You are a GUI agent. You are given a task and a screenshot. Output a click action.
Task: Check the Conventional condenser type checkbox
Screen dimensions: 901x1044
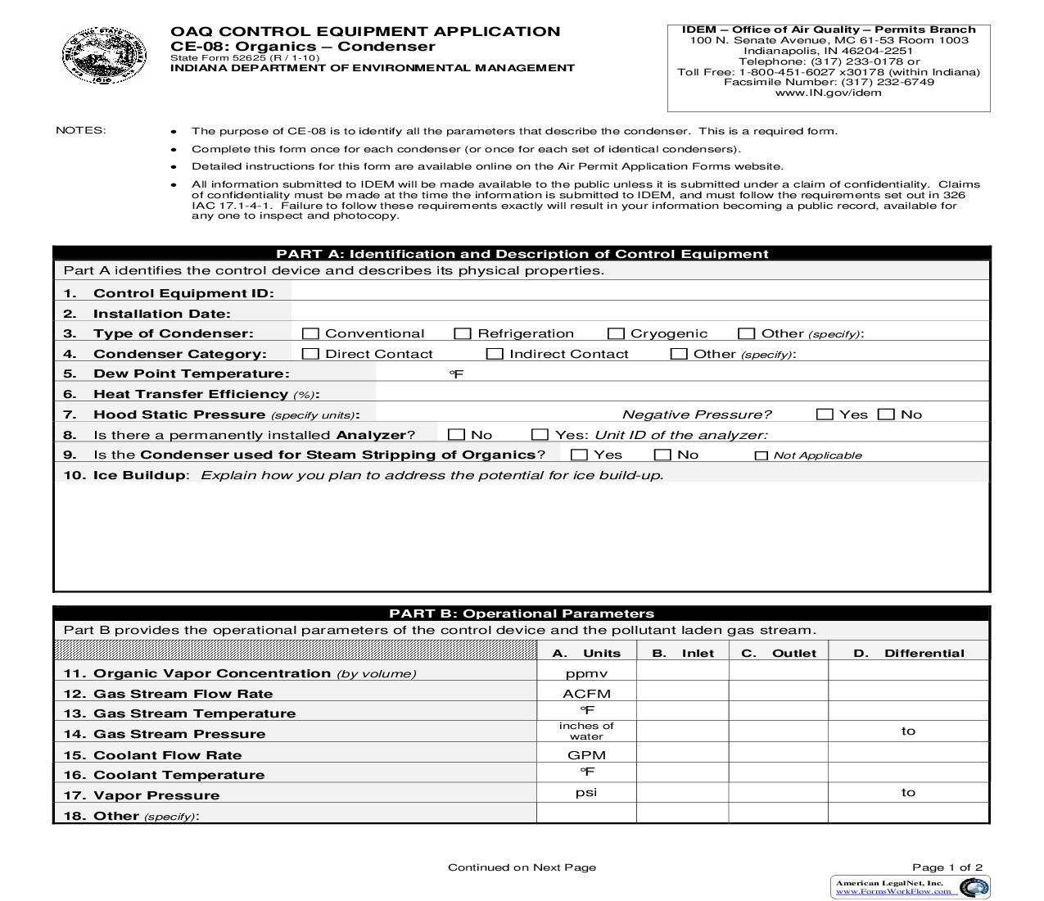(x=310, y=333)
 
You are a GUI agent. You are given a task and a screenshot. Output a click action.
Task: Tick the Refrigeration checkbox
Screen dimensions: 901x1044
(x=463, y=333)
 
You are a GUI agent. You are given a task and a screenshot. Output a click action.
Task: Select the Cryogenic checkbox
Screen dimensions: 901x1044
(x=616, y=333)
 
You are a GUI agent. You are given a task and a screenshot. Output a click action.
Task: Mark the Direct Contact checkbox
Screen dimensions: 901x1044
(x=310, y=354)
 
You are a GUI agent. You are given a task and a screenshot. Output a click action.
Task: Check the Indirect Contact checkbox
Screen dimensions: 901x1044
(x=495, y=354)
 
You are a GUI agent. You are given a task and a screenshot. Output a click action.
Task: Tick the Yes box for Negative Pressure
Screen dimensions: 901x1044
(x=825, y=414)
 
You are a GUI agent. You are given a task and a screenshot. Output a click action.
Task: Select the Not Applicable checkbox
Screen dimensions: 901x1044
(x=762, y=455)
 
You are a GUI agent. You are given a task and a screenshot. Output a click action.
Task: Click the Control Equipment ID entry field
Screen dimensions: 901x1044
(x=639, y=292)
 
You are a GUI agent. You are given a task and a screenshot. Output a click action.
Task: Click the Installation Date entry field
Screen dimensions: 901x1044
(x=639, y=313)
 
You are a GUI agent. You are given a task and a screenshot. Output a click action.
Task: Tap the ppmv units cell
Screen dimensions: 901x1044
(x=586, y=673)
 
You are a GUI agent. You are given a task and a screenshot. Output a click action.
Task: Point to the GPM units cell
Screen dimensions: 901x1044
(x=586, y=754)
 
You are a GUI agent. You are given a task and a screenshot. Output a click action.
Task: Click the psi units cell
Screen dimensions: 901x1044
(x=586, y=792)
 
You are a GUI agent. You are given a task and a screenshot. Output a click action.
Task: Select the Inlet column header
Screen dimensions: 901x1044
(x=683, y=653)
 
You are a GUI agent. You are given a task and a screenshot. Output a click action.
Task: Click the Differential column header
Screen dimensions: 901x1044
(x=909, y=653)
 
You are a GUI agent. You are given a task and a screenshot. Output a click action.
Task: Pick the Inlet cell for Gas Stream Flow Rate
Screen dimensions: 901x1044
(x=683, y=693)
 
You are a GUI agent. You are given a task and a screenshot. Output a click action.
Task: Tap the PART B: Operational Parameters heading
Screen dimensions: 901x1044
(x=522, y=613)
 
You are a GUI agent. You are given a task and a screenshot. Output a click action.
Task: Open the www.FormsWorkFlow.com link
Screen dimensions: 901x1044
(x=893, y=891)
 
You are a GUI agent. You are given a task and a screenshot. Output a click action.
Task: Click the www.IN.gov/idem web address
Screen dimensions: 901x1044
(x=829, y=93)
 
